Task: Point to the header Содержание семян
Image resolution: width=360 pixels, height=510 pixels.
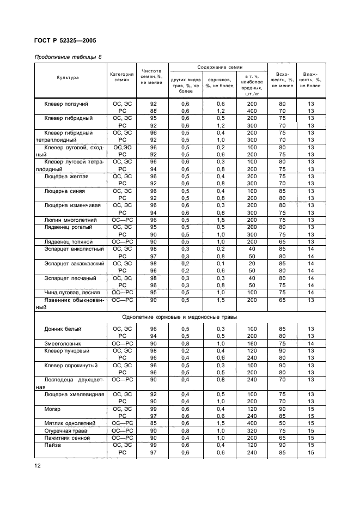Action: pyautogui.click(x=218, y=67)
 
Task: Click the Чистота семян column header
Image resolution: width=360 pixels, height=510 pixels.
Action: pyautogui.click(x=152, y=76)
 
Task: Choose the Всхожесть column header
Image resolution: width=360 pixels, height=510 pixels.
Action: pyautogui.click(x=283, y=80)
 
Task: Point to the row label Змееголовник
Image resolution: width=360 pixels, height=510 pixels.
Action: pyautogui.click(x=62, y=344)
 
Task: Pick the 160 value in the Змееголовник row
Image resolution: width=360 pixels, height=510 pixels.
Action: pyautogui.click(x=251, y=344)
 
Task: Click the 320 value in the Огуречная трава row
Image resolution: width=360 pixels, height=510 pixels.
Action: pyautogui.click(x=251, y=430)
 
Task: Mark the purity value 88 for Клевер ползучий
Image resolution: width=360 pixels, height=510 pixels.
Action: pyautogui.click(x=153, y=111)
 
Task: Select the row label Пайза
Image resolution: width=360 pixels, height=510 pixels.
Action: pyautogui.click(x=53, y=445)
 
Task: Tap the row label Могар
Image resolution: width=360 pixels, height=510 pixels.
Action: pyautogui.click(x=53, y=408)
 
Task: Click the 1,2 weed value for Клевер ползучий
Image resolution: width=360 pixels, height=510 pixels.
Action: pyautogui.click(x=221, y=111)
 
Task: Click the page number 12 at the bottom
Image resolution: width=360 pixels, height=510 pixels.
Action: pyautogui.click(x=38, y=465)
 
